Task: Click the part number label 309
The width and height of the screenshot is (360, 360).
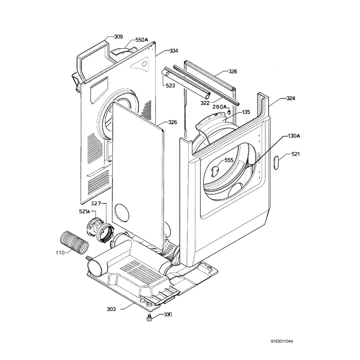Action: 118,37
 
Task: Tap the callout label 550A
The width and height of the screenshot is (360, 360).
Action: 142,40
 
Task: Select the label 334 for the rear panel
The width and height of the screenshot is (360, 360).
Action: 174,51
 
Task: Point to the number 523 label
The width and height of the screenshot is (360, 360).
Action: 171,85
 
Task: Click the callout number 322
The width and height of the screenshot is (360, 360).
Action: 205,103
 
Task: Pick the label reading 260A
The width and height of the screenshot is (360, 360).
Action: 219,107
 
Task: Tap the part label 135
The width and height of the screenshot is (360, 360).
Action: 246,112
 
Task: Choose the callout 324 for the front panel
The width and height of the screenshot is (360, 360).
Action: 290,98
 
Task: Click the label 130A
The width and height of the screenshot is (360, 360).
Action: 294,136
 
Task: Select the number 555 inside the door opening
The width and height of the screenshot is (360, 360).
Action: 229,160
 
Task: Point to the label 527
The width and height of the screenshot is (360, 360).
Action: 96,204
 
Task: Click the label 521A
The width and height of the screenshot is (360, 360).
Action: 84,212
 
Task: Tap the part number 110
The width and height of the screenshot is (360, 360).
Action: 60,252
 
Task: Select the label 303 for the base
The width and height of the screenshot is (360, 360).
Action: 111,309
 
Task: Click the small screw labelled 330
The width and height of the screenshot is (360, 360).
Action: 149,319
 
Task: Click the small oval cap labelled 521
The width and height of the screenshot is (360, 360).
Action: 276,163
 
